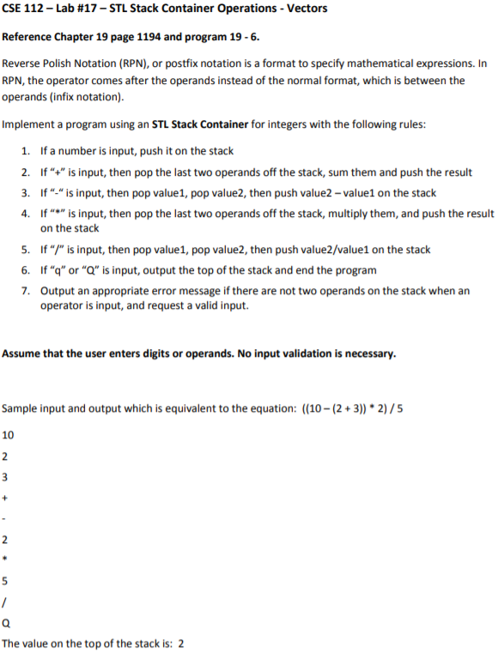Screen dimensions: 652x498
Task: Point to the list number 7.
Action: pyautogui.click(x=27, y=291)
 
